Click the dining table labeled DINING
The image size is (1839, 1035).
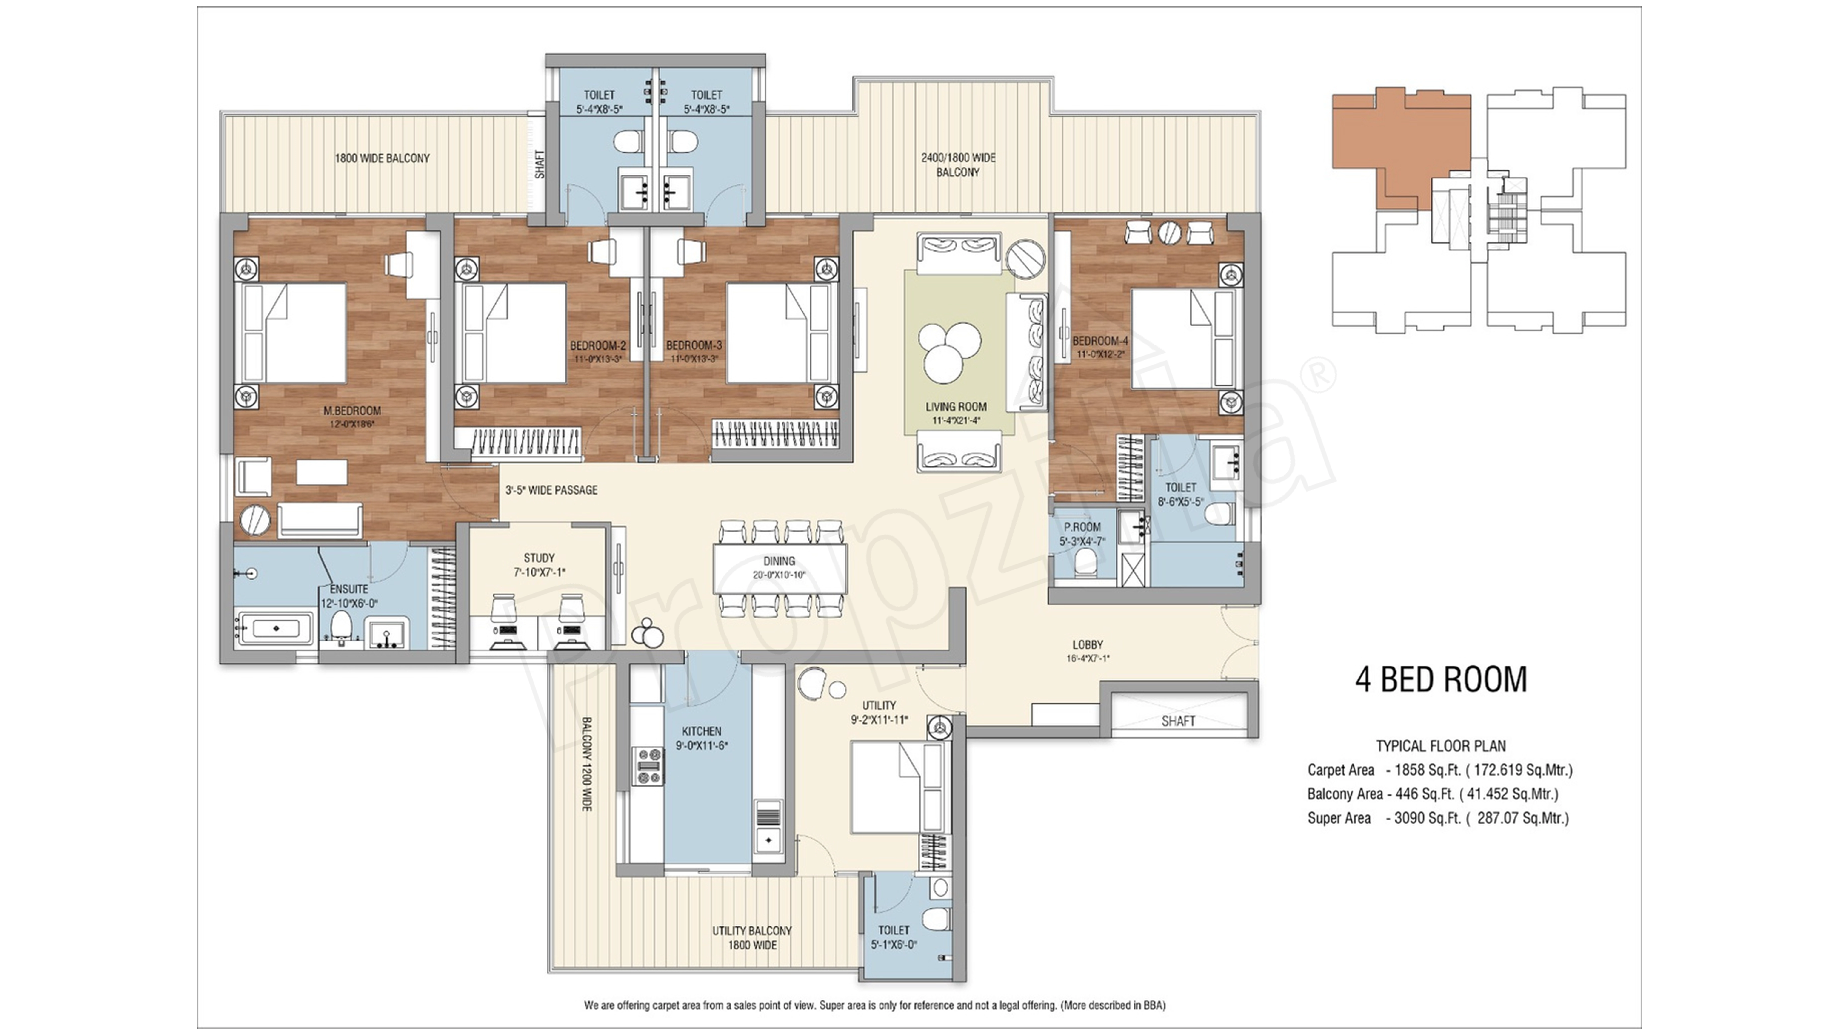(779, 568)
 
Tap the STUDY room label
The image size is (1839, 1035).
(539, 558)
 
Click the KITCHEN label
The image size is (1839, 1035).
(701, 731)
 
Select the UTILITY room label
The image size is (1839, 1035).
(878, 705)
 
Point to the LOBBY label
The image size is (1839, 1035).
(1087, 644)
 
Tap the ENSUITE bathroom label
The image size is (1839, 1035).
(349, 589)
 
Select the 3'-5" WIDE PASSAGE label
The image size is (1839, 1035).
(551, 490)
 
